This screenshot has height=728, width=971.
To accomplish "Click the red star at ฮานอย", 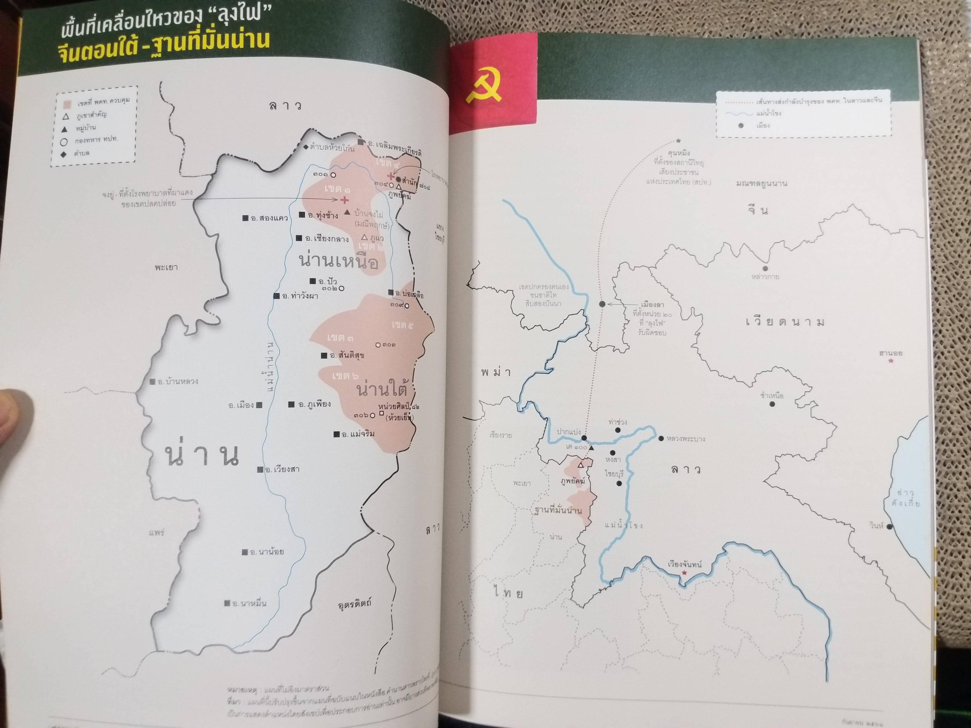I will coord(891,361).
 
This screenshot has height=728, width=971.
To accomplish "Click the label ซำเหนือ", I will coord(772,396).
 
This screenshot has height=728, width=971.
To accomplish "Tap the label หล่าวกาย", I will coord(765,277).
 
